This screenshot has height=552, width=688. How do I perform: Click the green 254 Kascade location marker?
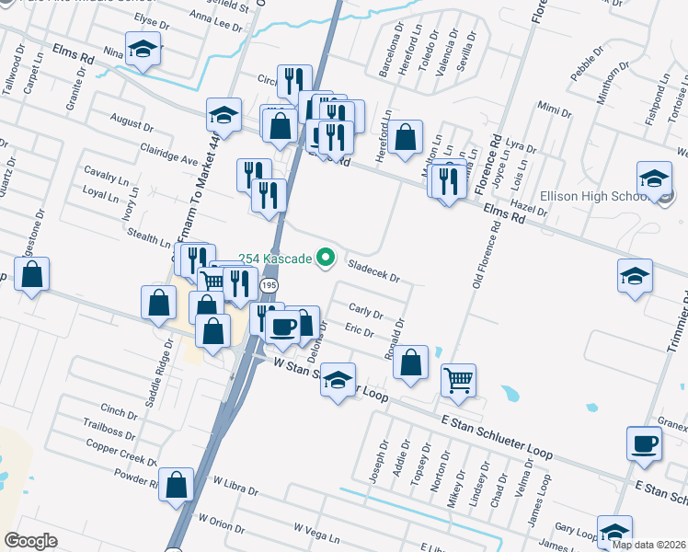point(325,259)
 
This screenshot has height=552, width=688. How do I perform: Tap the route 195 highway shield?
point(268,286)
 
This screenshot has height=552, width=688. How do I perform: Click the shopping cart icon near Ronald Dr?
point(458,378)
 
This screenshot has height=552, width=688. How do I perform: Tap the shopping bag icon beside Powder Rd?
point(176,483)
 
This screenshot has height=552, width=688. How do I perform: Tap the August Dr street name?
point(132,123)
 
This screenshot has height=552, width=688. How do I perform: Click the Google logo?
point(30,540)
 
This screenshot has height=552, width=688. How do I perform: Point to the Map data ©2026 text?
point(648,545)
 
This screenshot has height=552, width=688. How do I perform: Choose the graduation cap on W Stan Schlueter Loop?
point(338,378)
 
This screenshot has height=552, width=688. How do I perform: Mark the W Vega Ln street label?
point(317,530)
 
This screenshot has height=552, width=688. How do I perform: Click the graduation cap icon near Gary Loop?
point(613,532)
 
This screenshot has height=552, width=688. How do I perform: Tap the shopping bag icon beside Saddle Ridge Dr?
point(159,303)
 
